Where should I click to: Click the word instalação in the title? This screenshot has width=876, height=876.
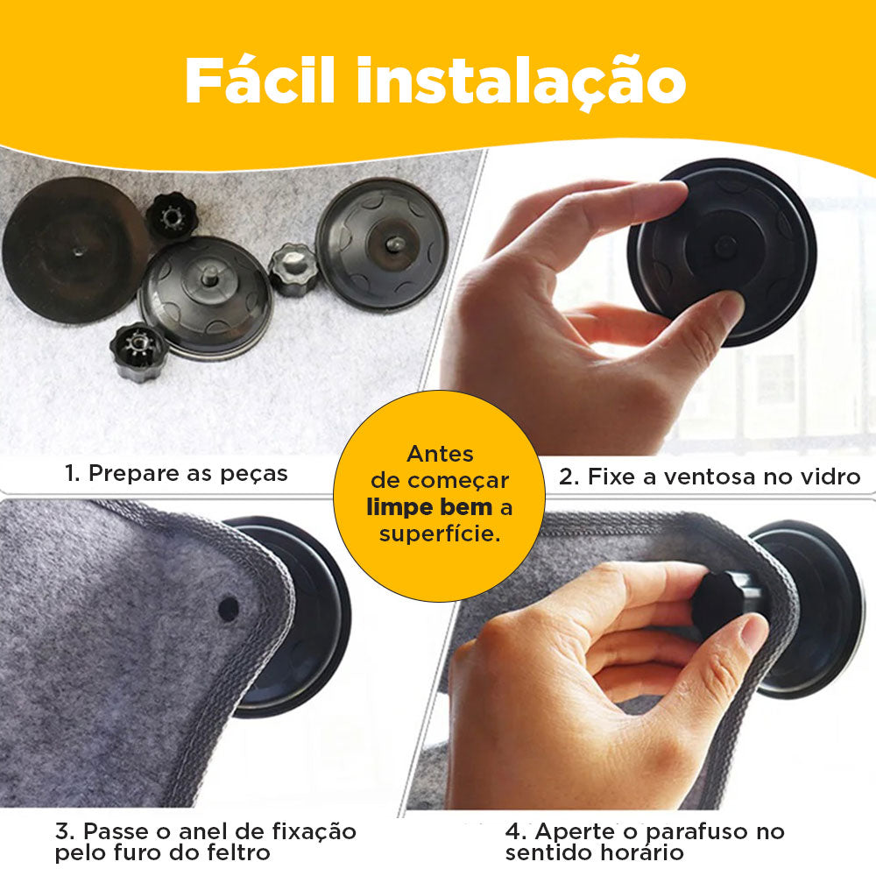pos(520,81)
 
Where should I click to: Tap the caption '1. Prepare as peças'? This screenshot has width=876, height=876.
pos(176,474)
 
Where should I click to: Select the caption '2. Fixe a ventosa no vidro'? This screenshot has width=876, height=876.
pos(710,477)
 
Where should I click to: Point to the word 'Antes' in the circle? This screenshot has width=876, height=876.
pos(440,454)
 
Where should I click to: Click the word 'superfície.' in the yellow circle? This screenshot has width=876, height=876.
pos(440,533)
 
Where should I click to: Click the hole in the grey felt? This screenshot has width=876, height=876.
pos(228,608)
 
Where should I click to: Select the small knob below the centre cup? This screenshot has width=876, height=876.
pos(139,350)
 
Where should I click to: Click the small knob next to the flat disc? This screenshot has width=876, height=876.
pos(171,215)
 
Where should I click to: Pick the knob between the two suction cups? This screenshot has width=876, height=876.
pos(293,269)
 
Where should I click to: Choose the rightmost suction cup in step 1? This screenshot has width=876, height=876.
pos(382,243)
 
